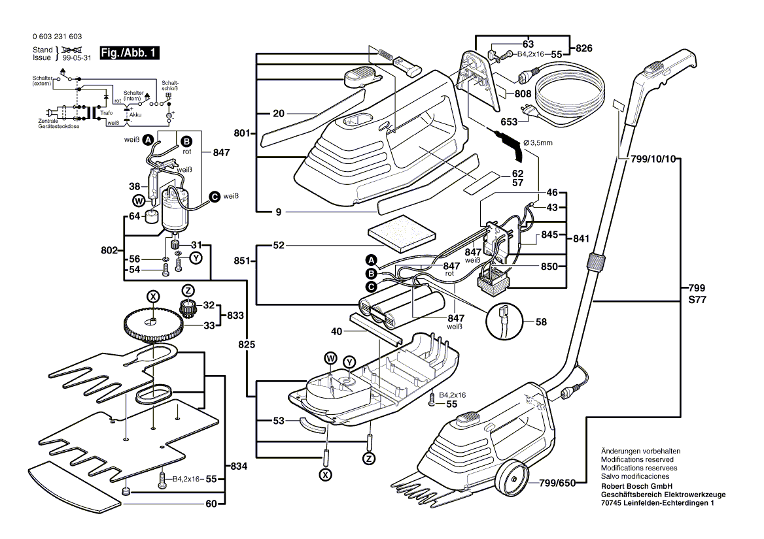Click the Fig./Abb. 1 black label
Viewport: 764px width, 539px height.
[x=129, y=53]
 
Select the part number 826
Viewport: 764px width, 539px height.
[x=583, y=48]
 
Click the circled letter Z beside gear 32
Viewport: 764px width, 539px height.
[x=188, y=291]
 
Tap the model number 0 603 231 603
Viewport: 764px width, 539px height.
[x=57, y=37]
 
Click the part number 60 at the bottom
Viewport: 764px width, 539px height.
[x=211, y=504]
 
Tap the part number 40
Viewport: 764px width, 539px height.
[x=337, y=331]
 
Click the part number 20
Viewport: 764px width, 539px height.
[x=279, y=113]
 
